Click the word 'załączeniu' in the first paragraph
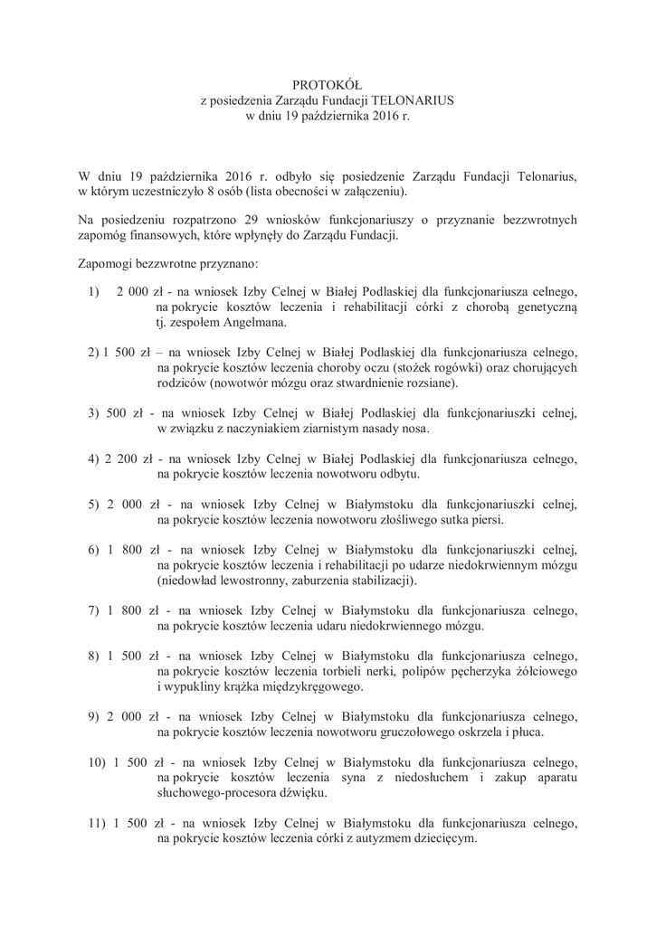373,192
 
